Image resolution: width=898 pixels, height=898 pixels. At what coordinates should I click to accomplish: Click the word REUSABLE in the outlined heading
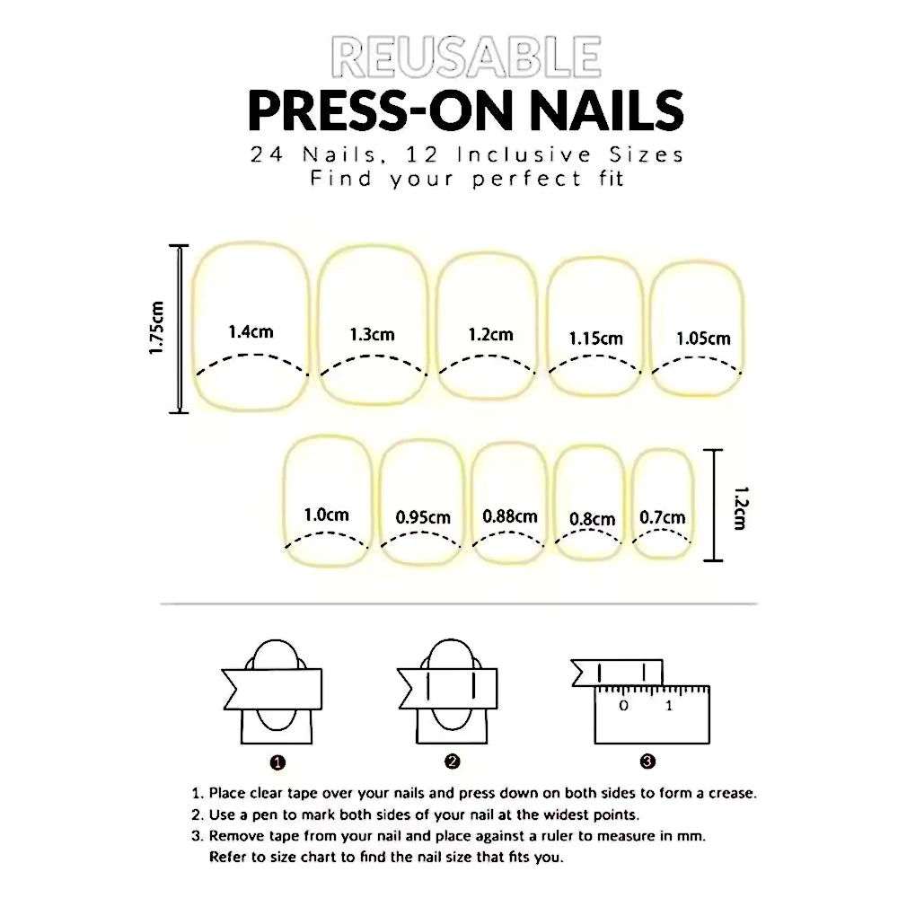[466, 57]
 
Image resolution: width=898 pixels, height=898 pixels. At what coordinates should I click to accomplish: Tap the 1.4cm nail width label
[251, 331]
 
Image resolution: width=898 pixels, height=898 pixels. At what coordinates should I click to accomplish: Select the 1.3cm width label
[373, 334]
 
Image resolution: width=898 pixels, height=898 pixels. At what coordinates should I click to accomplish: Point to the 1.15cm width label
[595, 339]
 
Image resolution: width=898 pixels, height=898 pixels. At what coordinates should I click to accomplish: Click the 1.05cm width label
[703, 339]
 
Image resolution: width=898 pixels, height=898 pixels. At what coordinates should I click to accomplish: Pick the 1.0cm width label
[327, 515]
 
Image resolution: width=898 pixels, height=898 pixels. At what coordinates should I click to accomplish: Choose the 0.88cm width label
[510, 516]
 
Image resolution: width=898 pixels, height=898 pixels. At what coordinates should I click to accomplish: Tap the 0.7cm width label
[663, 518]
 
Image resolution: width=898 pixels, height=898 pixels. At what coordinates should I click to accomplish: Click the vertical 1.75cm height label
[156, 328]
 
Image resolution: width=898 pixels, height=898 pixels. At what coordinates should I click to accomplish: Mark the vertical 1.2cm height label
[741, 508]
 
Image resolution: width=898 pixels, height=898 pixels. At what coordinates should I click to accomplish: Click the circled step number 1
[277, 762]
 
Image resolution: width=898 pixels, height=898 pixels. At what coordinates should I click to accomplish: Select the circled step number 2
[452, 762]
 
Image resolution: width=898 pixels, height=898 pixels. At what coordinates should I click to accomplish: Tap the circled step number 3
[647, 762]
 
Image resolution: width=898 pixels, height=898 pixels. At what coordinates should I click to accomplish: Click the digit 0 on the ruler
[624, 706]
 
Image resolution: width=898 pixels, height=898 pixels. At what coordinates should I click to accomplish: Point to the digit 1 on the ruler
[669, 706]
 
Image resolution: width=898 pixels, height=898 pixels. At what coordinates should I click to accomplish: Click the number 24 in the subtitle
[267, 154]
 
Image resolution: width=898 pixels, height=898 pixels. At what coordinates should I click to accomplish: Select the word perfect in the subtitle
[527, 179]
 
